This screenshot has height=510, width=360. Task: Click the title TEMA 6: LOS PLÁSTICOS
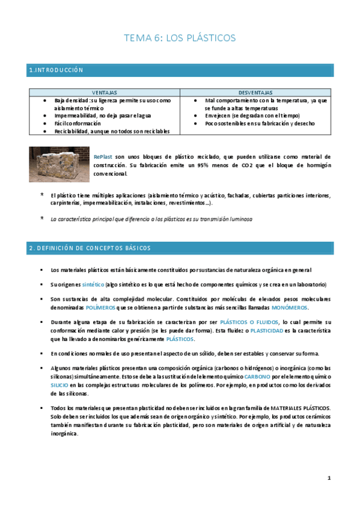[x=180, y=38]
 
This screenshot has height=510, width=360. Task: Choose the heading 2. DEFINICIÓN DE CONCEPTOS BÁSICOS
[x=90, y=248]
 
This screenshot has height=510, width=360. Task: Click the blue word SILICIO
[x=59, y=384]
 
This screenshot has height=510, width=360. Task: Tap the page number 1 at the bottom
[x=329, y=478]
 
